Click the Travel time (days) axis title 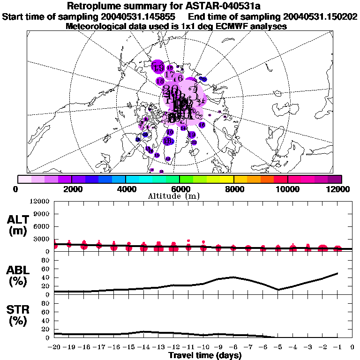point(205,356)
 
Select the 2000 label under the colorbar point(71,189)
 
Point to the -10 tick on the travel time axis point(203,347)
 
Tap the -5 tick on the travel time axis point(277,347)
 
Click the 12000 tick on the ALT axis point(40,202)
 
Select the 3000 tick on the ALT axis point(42,239)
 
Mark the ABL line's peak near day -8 point(233,277)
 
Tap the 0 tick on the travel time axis point(352,347)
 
